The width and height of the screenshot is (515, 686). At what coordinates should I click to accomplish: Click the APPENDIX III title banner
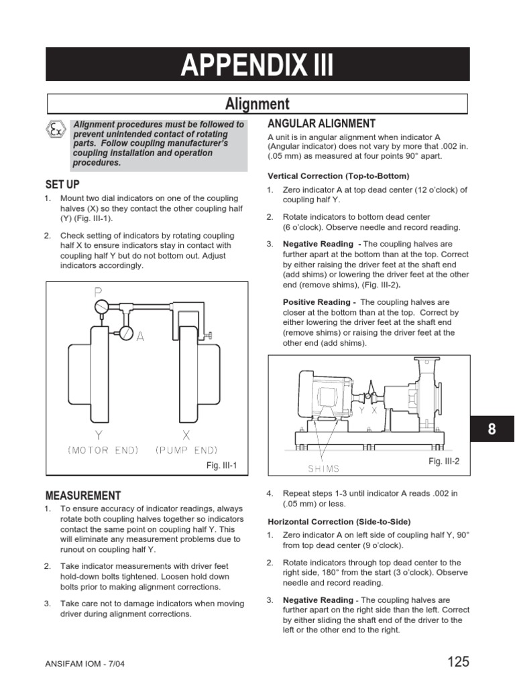point(257,66)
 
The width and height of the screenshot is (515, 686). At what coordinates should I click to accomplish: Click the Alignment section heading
point(257,104)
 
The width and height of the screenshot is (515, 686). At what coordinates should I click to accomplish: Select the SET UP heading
point(62,184)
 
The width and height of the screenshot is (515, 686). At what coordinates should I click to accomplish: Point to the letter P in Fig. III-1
point(98,293)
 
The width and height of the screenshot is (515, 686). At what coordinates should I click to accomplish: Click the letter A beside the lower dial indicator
point(140,337)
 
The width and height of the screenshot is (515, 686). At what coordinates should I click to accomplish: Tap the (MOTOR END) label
point(103,450)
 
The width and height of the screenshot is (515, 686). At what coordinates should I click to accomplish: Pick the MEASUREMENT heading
point(83,496)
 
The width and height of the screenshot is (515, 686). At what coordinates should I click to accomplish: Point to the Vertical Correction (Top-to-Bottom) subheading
point(338,176)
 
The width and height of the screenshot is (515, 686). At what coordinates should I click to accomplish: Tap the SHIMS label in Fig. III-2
point(323,468)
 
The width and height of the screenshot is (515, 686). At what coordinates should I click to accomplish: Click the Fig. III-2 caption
point(444,462)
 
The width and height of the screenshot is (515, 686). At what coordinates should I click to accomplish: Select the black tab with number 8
point(492,429)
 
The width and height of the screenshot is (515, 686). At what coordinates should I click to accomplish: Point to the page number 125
point(458,663)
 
